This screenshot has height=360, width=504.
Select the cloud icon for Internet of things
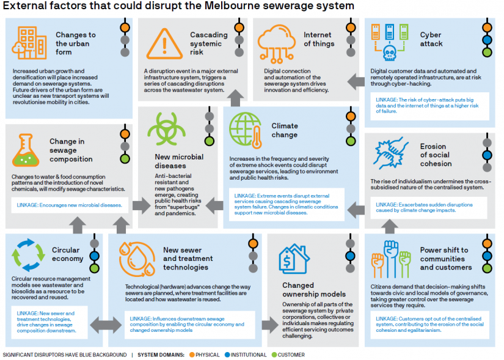point(276,42)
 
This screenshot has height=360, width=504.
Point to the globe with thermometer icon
point(244,129)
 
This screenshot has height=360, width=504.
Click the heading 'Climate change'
point(285,130)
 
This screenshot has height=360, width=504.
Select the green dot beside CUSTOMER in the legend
point(275,354)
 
